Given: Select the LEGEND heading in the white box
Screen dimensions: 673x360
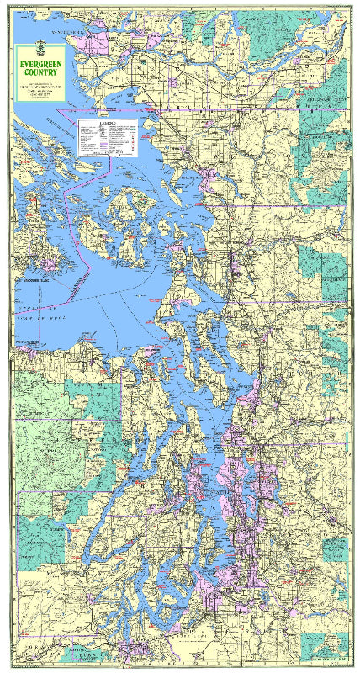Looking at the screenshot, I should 107,124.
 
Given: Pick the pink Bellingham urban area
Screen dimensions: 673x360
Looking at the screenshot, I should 209,178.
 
